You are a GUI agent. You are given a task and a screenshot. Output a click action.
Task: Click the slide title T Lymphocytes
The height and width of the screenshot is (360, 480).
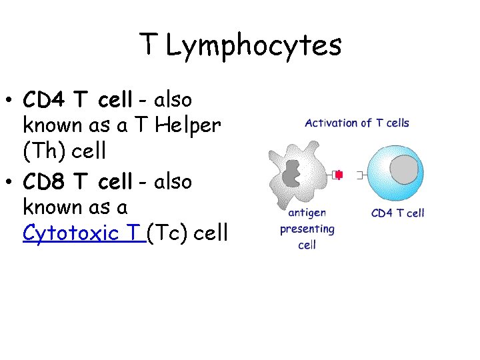point(240,45)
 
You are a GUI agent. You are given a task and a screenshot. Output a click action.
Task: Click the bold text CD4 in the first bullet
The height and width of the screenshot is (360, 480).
point(45,101)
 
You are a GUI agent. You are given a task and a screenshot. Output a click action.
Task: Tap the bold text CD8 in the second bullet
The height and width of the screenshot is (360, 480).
point(45,181)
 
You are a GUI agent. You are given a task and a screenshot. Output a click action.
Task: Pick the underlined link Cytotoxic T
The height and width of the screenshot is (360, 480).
point(83,233)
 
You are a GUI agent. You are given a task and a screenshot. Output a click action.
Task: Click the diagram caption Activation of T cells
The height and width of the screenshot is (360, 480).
point(357,123)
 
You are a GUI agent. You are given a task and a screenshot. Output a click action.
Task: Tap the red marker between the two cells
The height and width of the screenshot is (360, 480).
point(339,175)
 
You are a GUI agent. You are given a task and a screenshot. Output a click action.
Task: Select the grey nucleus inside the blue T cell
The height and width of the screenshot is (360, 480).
point(406,170)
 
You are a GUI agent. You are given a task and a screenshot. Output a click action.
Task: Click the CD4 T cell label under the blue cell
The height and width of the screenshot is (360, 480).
point(397,213)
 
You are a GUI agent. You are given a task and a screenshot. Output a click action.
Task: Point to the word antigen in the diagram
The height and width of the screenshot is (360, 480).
point(307,213)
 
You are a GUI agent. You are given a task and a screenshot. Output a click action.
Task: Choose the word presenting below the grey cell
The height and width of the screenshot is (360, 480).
point(307,229)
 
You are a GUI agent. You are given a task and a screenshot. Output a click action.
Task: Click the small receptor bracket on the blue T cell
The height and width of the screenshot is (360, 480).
point(361,175)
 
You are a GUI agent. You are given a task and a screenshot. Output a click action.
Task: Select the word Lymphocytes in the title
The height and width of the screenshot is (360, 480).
point(253,45)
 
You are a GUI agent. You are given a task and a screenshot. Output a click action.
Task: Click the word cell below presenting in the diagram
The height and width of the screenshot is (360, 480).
point(307,245)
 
